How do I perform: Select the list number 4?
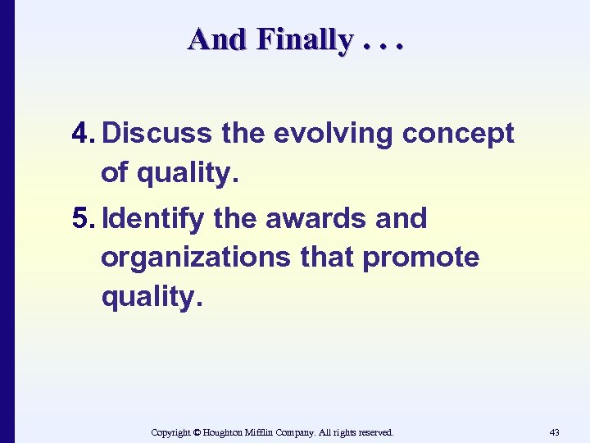click(x=83, y=133)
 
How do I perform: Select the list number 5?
click(x=83, y=219)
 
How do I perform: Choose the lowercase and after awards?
click(x=402, y=219)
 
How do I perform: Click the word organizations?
click(x=194, y=258)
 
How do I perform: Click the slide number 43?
click(x=555, y=432)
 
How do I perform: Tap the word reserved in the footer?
click(x=373, y=432)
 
